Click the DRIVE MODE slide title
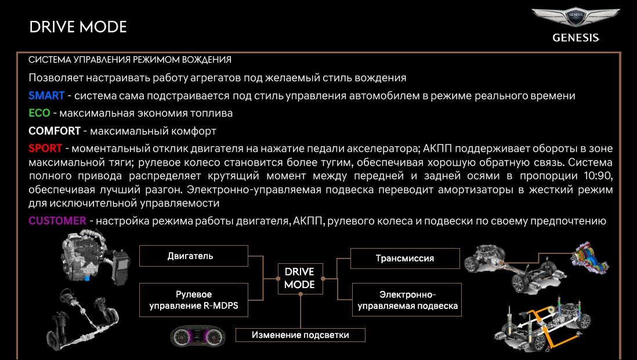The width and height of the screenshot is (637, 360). pyautogui.click(x=78, y=27)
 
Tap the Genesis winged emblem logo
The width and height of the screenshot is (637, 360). pyautogui.click(x=575, y=19)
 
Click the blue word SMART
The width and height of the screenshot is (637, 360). pyautogui.click(x=46, y=96)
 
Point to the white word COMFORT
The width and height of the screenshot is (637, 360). pyautogui.click(x=53, y=130)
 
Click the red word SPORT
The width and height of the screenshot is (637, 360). pyautogui.click(x=45, y=148)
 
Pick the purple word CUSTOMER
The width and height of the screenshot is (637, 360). pyautogui.click(x=57, y=221)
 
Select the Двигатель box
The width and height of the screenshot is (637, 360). pyautogui.click(x=194, y=256)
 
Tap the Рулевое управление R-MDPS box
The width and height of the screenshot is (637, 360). pyautogui.click(x=194, y=300)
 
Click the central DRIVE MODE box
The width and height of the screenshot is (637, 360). pyautogui.click(x=299, y=278)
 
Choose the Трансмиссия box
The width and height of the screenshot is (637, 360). pyautogui.click(x=405, y=258)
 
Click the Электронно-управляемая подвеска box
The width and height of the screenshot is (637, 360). pyautogui.click(x=407, y=300)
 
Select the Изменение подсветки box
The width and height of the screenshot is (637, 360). pyautogui.click(x=300, y=334)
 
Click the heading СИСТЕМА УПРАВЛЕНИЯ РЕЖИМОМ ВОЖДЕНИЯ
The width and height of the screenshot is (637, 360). pyautogui.click(x=130, y=60)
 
